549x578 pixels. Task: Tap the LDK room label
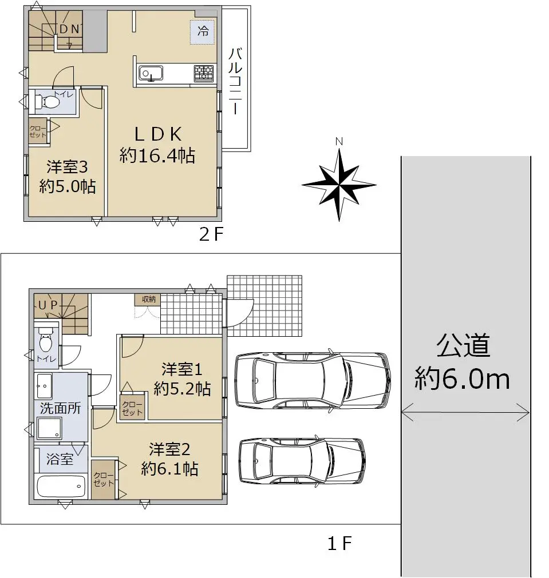tap(158, 134)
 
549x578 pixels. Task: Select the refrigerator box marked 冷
tap(203, 33)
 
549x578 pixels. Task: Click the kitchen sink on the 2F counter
tap(150, 73)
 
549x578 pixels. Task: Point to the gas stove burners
tap(204, 73)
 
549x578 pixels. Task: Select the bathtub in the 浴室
tap(61, 487)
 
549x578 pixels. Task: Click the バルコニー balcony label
tap(235, 81)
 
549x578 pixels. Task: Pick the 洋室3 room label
tap(67, 167)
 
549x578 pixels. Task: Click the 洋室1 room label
tap(182, 369)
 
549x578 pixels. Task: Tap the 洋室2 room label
tap(169, 449)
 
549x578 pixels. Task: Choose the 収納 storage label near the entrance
tap(148, 300)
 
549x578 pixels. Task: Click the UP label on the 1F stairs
tap(48, 305)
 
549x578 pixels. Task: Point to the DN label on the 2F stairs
tap(69, 29)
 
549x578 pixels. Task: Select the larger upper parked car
tap(313, 380)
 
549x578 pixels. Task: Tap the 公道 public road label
tap(463, 345)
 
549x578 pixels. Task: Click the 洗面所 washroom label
tap(60, 408)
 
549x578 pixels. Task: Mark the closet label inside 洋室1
tap(132, 408)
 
